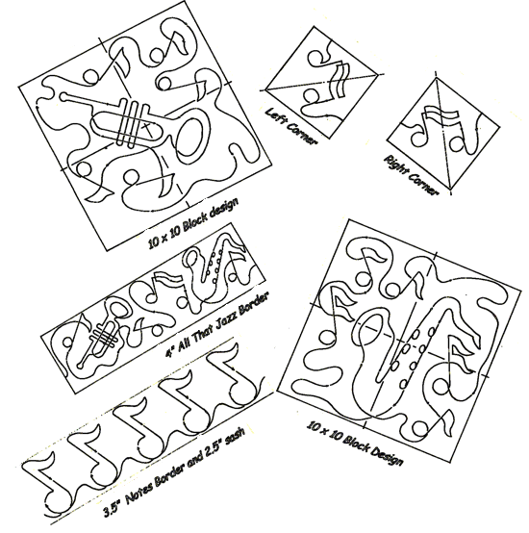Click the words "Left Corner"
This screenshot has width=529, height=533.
click(290, 125)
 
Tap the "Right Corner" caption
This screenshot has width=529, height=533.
click(411, 175)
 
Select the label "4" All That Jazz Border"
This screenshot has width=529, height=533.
click(217, 324)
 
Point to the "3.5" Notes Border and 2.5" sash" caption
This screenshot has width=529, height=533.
click(174, 470)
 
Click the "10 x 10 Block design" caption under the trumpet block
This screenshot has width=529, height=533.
click(193, 222)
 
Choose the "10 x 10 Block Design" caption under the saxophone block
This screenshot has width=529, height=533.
click(355, 444)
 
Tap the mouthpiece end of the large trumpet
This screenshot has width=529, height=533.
click(63, 96)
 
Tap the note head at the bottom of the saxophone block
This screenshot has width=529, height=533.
click(420, 429)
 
